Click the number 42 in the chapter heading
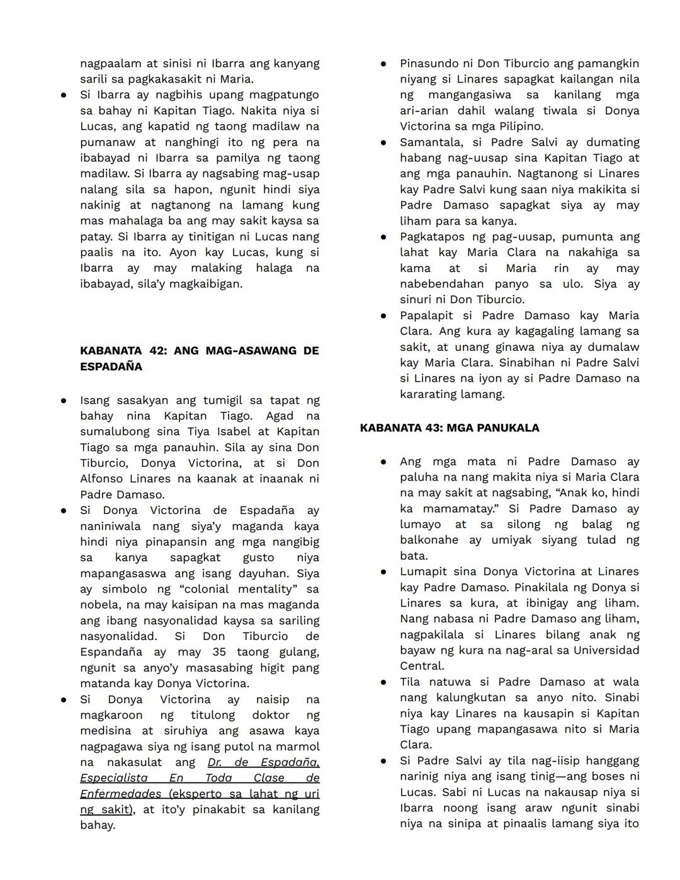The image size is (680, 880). point(158,351)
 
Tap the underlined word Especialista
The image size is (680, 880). point(114,778)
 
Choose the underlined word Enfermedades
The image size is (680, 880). point(120,794)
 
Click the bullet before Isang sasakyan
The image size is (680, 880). point(64,401)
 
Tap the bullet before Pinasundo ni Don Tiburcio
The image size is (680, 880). point(383,64)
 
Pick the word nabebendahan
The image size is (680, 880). point(442,283)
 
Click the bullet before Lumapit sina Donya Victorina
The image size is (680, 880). point(383,572)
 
